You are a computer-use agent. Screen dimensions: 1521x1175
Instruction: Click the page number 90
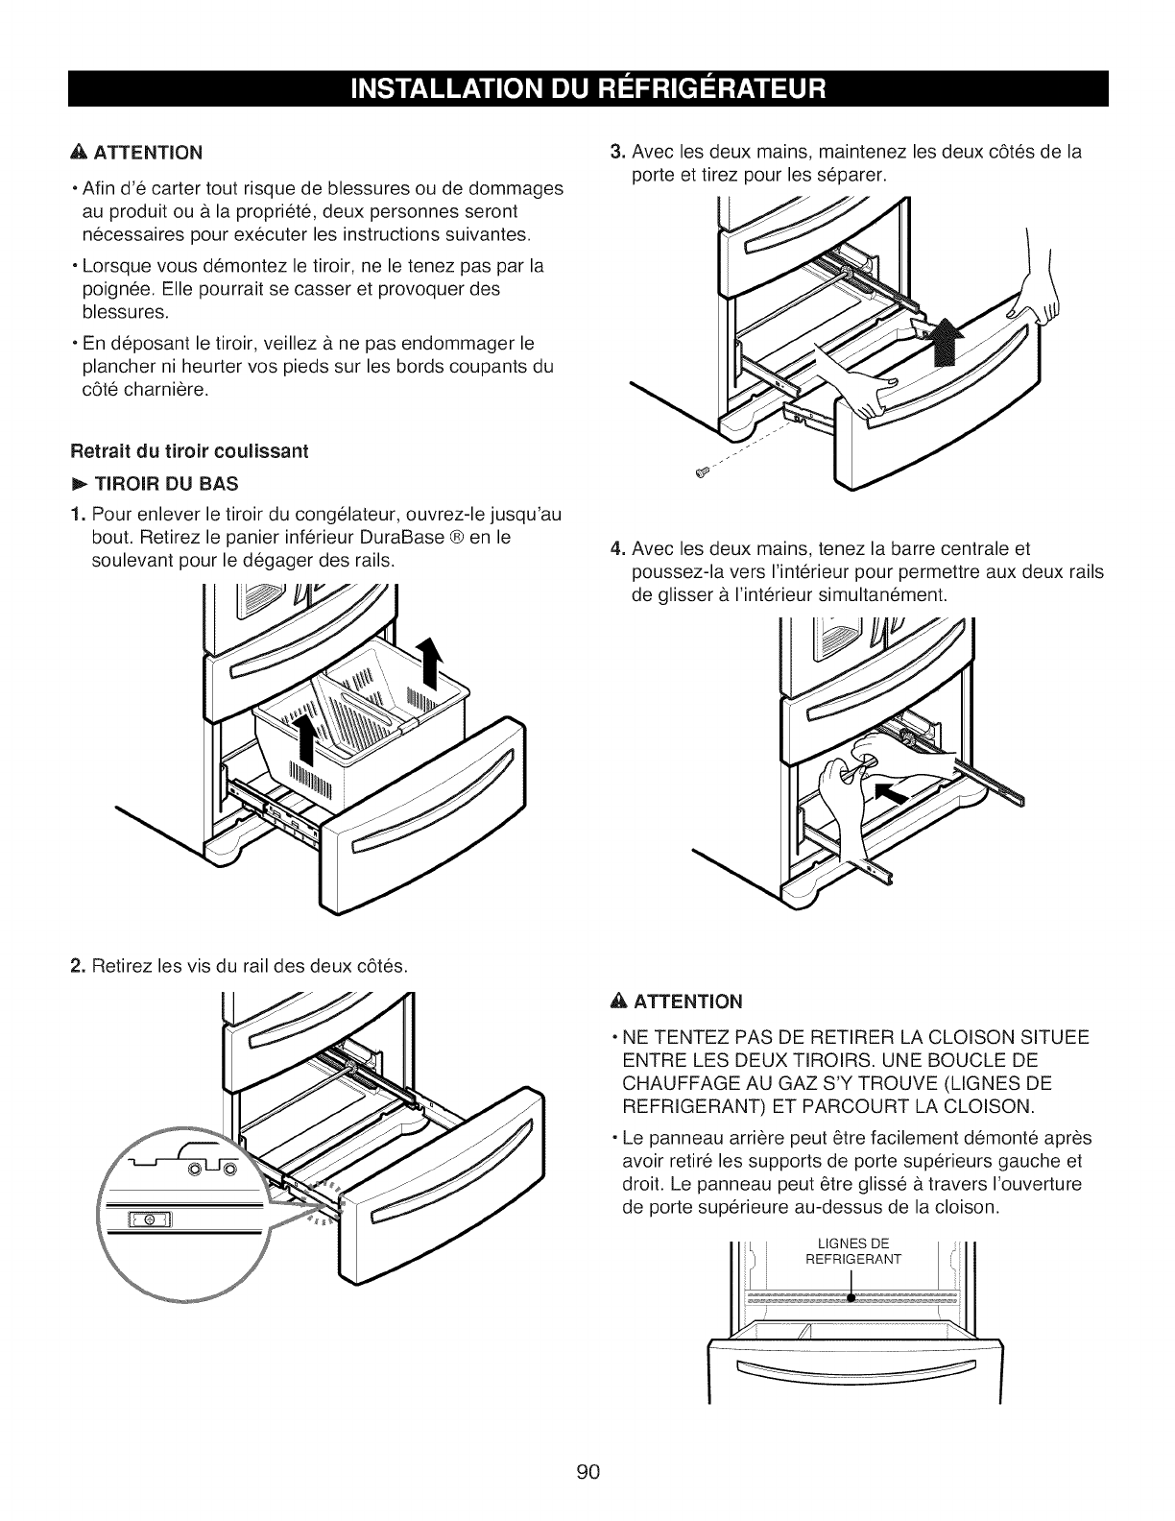coord(587,1446)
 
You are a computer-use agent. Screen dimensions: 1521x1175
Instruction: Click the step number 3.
coord(618,151)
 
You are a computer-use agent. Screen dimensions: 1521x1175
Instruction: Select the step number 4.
coord(617,548)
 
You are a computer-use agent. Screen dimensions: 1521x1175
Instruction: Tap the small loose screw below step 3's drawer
coord(701,471)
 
